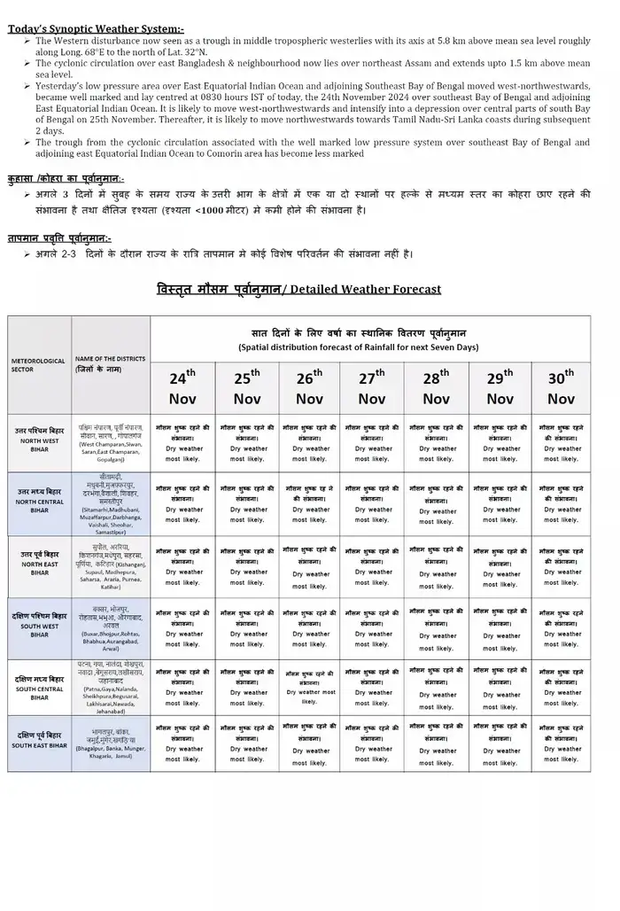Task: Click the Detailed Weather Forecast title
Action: pyautogui.click(x=298, y=289)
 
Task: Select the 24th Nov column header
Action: pyautogui.click(x=182, y=387)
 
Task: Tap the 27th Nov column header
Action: pyautogui.click(x=371, y=387)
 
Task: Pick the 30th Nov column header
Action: pyautogui.click(x=561, y=387)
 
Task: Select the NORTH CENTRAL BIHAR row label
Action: pyautogui.click(x=38, y=502)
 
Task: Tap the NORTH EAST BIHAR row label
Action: pyautogui.click(x=38, y=564)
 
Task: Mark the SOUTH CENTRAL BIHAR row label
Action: pyautogui.click(x=38, y=688)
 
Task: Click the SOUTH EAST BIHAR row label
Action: pyautogui.click(x=38, y=741)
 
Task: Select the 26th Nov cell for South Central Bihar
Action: pyautogui.click(x=309, y=687)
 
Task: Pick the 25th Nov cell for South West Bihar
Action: pyautogui.click(x=246, y=627)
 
